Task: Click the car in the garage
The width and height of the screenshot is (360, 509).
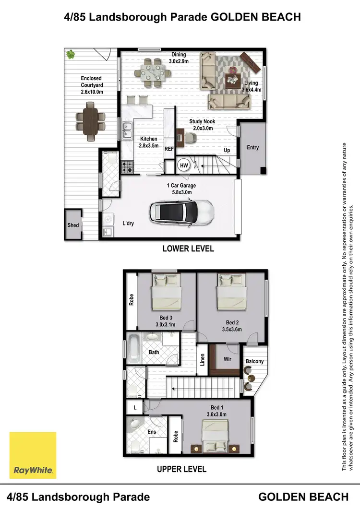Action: coord(181,213)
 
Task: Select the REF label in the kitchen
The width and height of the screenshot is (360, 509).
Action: coord(169,149)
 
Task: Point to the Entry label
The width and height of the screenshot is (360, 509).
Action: coord(253,148)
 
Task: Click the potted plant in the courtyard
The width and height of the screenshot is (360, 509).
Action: coord(72,54)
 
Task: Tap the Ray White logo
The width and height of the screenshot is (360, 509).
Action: coord(33,455)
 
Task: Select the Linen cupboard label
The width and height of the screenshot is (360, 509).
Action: coord(203,359)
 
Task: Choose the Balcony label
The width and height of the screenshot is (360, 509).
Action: coord(254,361)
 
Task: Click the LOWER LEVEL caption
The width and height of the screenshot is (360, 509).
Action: coord(188,249)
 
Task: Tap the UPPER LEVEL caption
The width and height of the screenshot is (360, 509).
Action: coord(181,469)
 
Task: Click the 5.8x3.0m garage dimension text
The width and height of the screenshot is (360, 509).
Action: coord(181,192)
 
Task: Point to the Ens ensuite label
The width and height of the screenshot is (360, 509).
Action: coord(152,432)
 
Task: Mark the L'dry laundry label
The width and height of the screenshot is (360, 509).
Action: coord(128,223)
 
